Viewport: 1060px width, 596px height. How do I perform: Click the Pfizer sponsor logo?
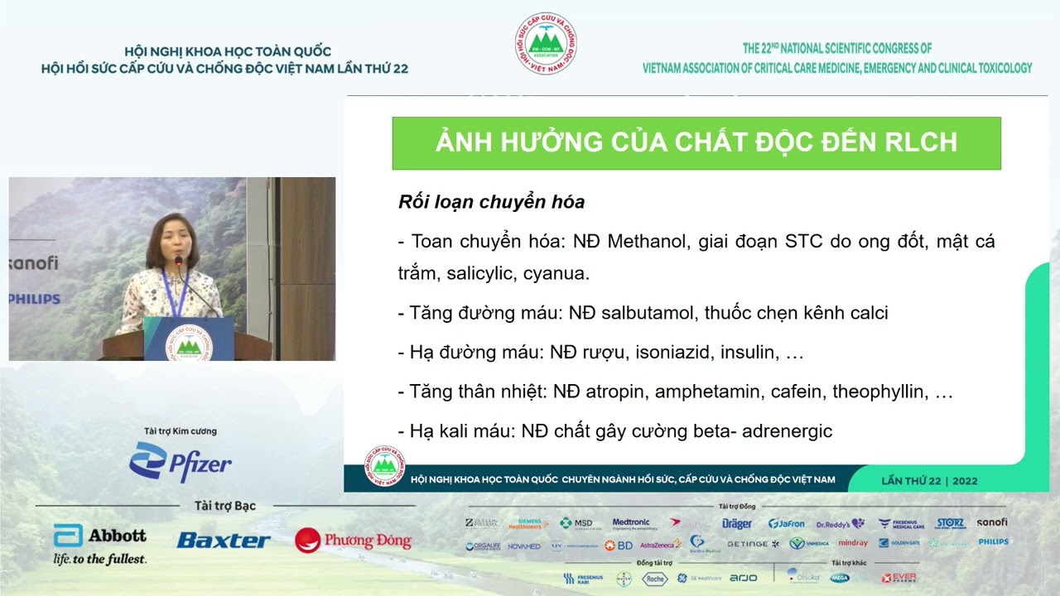click(181, 462)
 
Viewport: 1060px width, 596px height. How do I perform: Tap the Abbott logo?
click(100, 544)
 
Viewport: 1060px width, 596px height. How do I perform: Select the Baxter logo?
click(223, 541)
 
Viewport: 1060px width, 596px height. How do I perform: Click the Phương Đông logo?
click(354, 541)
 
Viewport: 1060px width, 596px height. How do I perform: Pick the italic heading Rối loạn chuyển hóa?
click(491, 202)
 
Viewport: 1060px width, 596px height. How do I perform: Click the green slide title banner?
click(696, 142)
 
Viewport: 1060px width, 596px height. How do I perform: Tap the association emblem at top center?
click(545, 43)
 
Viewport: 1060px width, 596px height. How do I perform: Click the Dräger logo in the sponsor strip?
click(736, 523)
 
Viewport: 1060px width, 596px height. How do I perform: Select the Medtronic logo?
click(631, 523)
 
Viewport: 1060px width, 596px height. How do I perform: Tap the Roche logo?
click(654, 579)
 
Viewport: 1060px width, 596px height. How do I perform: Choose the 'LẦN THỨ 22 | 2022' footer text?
click(929, 480)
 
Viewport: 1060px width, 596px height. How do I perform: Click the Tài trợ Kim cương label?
click(181, 431)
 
